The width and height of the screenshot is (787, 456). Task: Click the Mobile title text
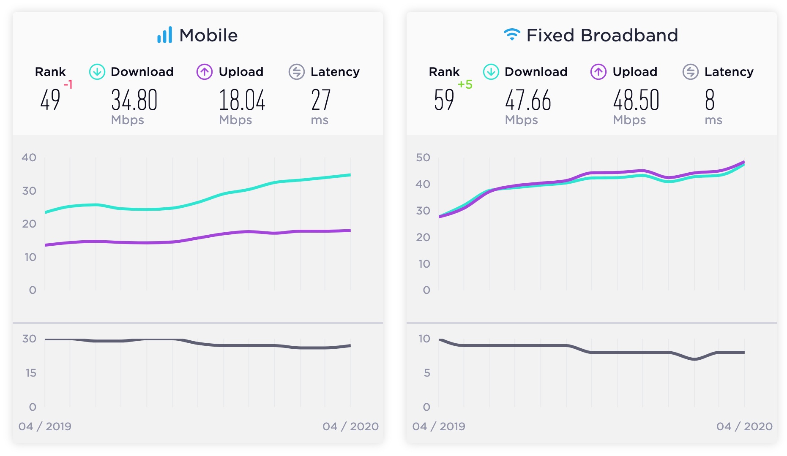(x=208, y=35)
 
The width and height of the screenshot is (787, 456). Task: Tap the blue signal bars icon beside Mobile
(x=165, y=35)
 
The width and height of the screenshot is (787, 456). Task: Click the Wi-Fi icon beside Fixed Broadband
(x=512, y=34)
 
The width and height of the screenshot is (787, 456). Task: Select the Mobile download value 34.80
(x=134, y=100)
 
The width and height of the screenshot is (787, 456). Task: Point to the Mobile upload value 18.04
(x=242, y=100)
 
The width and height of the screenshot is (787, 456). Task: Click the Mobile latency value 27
(x=320, y=100)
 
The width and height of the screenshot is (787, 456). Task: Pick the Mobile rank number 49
(x=50, y=100)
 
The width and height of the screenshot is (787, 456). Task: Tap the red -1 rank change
(x=68, y=84)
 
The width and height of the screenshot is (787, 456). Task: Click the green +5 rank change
(x=465, y=84)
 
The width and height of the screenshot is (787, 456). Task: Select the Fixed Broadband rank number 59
(x=444, y=100)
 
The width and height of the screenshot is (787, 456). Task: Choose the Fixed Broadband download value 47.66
(x=528, y=100)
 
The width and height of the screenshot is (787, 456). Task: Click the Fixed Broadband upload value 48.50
(x=636, y=100)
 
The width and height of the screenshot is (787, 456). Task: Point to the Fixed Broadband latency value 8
(x=710, y=100)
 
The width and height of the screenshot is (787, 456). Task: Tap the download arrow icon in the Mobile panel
(x=97, y=72)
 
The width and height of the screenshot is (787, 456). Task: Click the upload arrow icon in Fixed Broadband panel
(x=598, y=72)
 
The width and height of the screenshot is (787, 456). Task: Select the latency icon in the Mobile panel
(x=296, y=72)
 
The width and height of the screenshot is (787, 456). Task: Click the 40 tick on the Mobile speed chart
(x=29, y=157)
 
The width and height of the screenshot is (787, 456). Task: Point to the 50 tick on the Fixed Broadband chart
(x=423, y=157)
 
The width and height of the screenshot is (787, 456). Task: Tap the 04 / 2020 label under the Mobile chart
(x=350, y=426)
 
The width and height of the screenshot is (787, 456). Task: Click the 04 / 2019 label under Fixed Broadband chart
(x=439, y=426)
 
